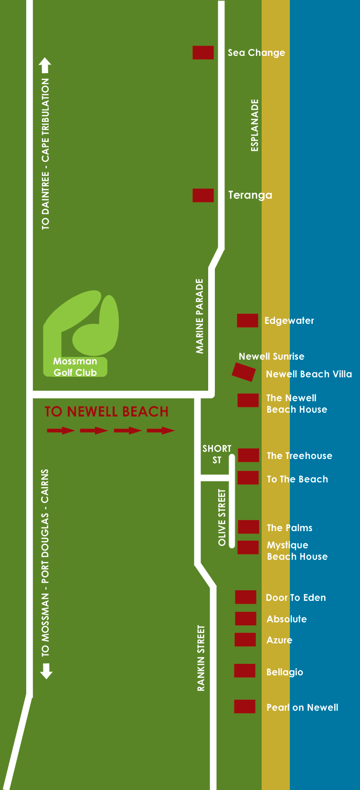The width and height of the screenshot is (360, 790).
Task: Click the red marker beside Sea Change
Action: (203, 53)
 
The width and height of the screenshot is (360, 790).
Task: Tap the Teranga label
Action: (250, 195)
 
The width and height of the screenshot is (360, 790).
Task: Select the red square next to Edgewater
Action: (247, 320)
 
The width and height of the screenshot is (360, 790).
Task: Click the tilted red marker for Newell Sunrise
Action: (244, 372)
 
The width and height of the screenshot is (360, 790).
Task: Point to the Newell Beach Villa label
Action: (308, 374)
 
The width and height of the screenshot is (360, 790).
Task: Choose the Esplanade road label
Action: (254, 125)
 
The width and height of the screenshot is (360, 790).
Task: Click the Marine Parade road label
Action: (200, 316)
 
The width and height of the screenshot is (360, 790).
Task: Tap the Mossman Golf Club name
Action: (75, 367)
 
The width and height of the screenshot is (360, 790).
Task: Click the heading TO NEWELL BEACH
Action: (106, 411)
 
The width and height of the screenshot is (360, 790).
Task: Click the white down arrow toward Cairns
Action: (46, 671)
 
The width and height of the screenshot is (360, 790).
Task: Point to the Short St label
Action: (217, 454)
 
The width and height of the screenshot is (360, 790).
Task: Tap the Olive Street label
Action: (222, 517)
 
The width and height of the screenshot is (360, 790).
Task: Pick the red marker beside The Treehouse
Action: (248, 455)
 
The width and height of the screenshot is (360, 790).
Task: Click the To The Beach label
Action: (297, 479)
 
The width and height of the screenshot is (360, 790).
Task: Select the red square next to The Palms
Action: (248, 526)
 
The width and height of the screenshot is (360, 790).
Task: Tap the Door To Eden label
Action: (296, 598)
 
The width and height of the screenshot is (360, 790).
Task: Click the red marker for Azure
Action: (245, 640)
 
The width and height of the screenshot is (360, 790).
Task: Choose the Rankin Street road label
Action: (201, 658)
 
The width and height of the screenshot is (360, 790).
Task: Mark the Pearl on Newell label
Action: (302, 707)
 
